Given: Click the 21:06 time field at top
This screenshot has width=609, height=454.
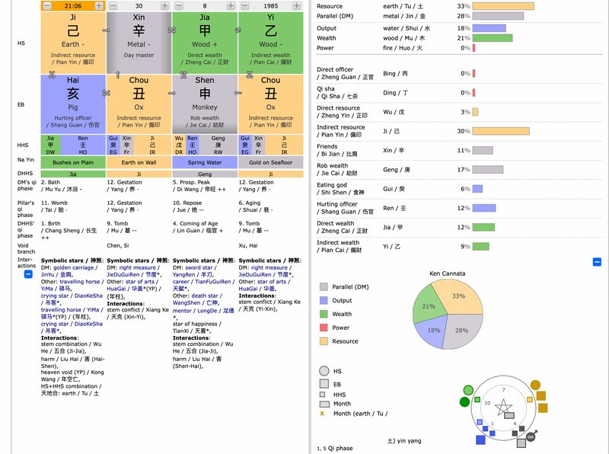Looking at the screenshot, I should pyautogui.click(x=73, y=6).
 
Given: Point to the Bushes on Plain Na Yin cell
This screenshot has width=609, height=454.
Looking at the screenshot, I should pyautogui.click(x=73, y=162).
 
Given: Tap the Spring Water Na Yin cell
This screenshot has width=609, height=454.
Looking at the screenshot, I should pyautogui.click(x=205, y=162).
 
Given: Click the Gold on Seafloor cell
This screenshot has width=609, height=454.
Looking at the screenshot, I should pyautogui.click(x=270, y=162).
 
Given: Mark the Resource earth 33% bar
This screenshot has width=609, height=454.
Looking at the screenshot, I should pyautogui.click(x=503, y=6).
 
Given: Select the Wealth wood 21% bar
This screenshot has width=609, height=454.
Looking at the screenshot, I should pyautogui.click(x=493, y=37).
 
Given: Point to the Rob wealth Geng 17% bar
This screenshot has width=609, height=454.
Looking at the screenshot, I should pyautogui.click(x=488, y=169).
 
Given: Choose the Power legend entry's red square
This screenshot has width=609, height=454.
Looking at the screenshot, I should pyautogui.click(x=324, y=328).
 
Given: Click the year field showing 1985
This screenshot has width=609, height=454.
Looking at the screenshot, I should pyautogui.click(x=270, y=6).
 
